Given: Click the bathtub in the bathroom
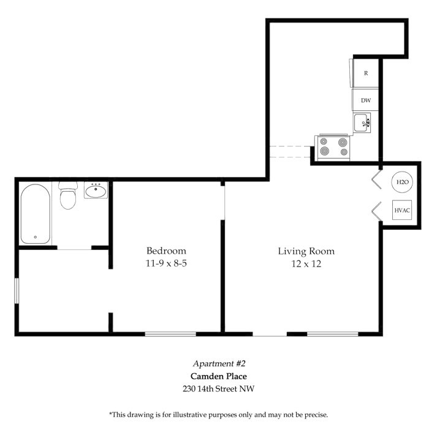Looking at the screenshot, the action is pos(36,214).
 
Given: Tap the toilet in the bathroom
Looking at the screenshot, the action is pos(68,195).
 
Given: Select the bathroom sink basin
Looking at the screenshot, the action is pos(96,190).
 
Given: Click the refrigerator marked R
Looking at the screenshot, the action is pos(366,73).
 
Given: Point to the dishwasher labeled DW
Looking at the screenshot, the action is pos(366,100).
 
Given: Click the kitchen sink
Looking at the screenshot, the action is pos(362,123).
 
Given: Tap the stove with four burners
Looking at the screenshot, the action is pos(333,148).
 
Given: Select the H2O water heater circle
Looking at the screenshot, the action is pos(402,182).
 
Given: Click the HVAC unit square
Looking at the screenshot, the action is pos(402,210).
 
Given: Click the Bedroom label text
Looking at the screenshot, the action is pos(166,251).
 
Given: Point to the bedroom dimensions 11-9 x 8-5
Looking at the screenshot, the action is pos(166,263).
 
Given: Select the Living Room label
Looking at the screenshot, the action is pos(306,251).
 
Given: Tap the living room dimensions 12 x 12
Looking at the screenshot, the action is pos(306,264).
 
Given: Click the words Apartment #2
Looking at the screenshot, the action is pos(219,363).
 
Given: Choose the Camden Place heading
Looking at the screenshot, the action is pos(219,376).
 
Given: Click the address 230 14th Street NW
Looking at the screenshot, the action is pos(219,388).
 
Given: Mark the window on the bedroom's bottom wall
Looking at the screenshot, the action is pos(170,334).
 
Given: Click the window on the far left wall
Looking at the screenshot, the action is pos(17,291).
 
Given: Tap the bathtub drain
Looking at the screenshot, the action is pos(36,237).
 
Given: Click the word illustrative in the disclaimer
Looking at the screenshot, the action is pos(189,415).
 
